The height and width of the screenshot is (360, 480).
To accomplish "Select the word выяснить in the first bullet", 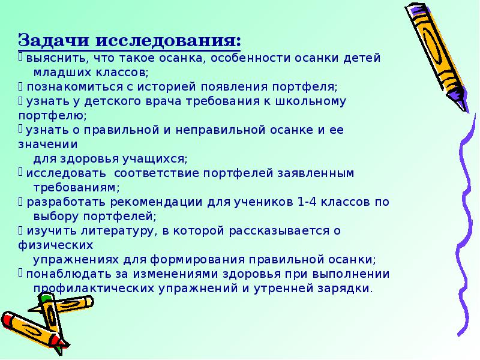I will (x=52, y=59).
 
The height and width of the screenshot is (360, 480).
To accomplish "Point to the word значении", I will (x=48, y=145).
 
